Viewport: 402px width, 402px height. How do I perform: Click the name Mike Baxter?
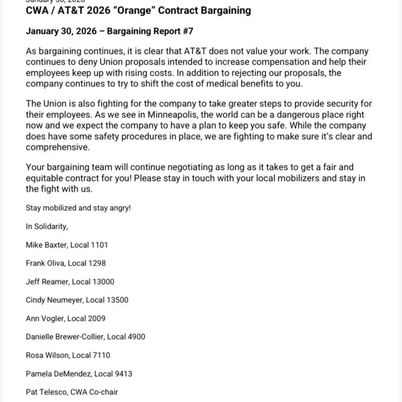(x=46, y=245)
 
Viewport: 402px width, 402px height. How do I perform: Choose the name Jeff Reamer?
(x=47, y=282)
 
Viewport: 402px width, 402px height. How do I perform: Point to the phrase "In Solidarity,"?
(x=47, y=226)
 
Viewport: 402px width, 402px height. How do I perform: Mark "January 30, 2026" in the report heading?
(x=60, y=31)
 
